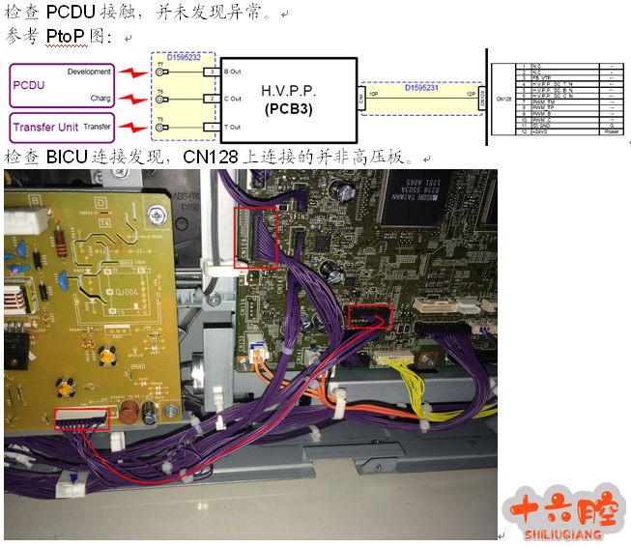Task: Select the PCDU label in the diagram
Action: point(29,85)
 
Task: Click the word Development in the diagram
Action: point(89,72)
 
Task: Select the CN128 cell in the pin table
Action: point(502,98)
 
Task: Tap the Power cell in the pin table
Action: point(612,132)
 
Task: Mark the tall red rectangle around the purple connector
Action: point(255,238)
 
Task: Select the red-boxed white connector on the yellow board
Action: point(82,418)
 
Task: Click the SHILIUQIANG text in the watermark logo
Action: point(566,533)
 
